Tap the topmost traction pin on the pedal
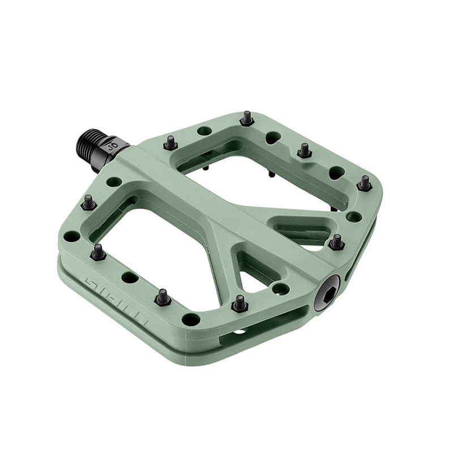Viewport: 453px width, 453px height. coord(246,118)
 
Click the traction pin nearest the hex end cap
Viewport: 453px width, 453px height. coord(337,242)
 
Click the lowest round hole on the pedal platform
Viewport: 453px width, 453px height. coord(194,317)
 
